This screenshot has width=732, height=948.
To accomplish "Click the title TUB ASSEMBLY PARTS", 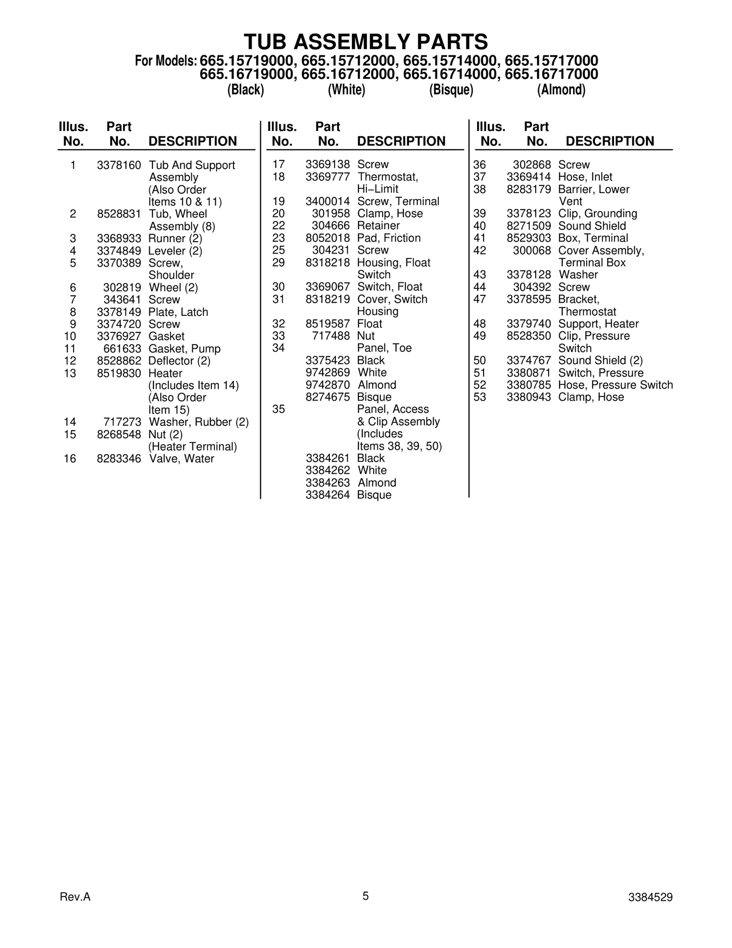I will pyautogui.click(x=366, y=42).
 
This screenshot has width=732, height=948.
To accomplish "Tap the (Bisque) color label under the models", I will pyautogui.click(x=451, y=90).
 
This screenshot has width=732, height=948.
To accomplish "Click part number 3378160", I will pyautogui.click(x=119, y=165).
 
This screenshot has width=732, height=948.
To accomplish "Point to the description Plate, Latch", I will pyautogui.click(x=178, y=312).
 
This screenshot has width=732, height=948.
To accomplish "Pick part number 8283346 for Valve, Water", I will pyautogui.click(x=119, y=459).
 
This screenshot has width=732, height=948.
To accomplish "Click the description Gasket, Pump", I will pyautogui.click(x=184, y=349).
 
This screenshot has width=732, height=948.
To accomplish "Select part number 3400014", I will pyautogui.click(x=328, y=201).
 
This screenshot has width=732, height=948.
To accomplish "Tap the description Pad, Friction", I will pyautogui.click(x=388, y=238).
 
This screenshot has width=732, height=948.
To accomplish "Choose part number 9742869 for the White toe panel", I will pyautogui.click(x=328, y=373).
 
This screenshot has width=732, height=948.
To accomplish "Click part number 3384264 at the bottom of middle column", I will pyautogui.click(x=328, y=495).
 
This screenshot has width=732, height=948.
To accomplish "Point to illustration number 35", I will pyautogui.click(x=279, y=409).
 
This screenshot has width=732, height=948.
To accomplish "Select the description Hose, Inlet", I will pyautogui.click(x=585, y=177).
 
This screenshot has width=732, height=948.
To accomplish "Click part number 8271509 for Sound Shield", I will pyautogui.click(x=529, y=226).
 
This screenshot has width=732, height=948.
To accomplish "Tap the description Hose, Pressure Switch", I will pyautogui.click(x=615, y=385).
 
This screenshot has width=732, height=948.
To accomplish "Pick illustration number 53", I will pyautogui.click(x=479, y=397).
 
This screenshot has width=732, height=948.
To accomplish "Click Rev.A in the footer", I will pyautogui.click(x=75, y=897).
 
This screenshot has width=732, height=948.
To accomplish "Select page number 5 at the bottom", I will pyautogui.click(x=366, y=896).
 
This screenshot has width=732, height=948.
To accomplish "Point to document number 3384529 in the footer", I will pyautogui.click(x=650, y=897).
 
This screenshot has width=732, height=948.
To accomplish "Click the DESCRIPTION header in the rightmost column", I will pyautogui.click(x=610, y=141).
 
